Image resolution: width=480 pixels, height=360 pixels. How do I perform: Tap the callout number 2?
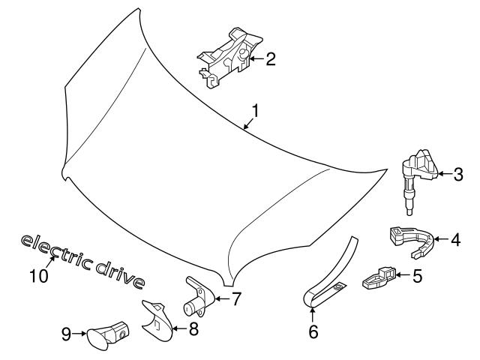point(270,58)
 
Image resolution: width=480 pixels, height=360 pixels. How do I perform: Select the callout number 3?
point(458,175)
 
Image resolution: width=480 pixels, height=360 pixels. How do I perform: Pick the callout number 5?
point(418,276)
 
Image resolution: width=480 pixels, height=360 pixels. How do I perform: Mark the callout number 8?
point(193,328)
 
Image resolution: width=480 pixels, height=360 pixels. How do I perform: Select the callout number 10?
point(39,276)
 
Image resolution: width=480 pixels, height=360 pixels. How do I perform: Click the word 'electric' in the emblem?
point(55,250)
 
